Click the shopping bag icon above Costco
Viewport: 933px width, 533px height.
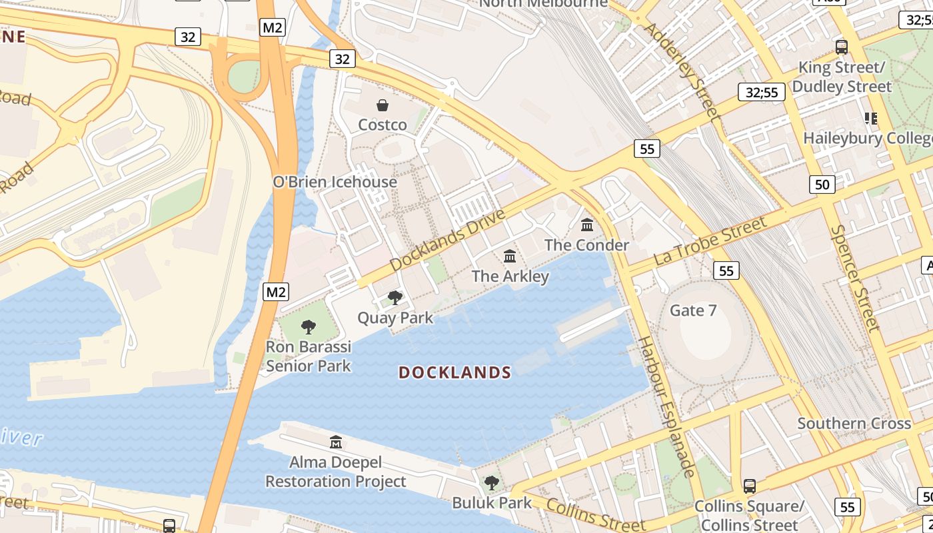(383, 105)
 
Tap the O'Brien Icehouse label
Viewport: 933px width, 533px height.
(335, 182)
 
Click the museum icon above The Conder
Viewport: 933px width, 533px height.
(587, 225)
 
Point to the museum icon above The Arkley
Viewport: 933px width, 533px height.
(510, 257)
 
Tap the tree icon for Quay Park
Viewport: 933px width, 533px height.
(395, 297)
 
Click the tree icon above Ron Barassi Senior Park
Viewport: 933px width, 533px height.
(308, 327)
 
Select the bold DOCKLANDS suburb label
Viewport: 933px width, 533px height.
(455, 372)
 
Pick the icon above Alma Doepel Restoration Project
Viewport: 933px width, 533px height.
(335, 442)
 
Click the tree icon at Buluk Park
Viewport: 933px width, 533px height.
(492, 482)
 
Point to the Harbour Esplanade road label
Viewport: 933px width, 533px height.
(666, 406)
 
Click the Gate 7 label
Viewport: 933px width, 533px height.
(693, 310)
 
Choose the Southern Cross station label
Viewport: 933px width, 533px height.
(854, 424)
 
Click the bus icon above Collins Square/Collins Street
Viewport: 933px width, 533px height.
(750, 486)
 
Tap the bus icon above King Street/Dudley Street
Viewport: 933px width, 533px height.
(842, 47)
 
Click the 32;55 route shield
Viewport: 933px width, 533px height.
(761, 93)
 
